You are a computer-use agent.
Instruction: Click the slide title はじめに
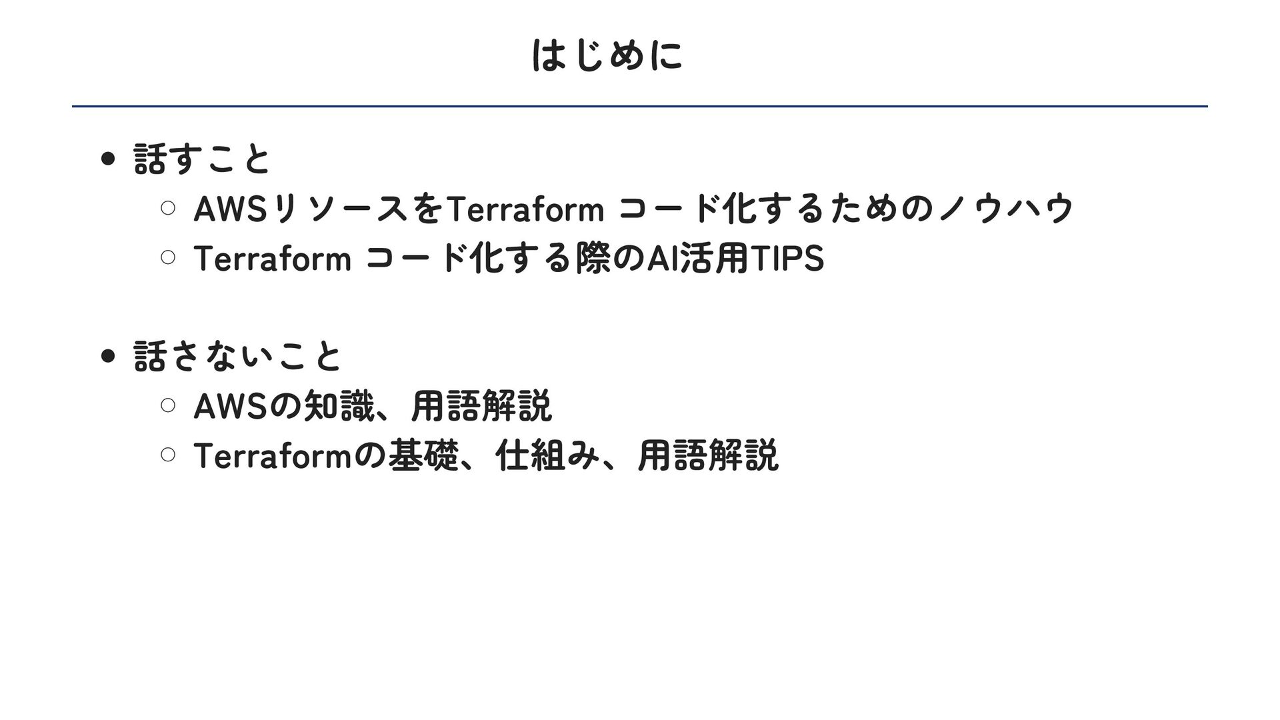click(x=607, y=55)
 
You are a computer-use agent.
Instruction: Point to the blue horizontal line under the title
click(x=640, y=106)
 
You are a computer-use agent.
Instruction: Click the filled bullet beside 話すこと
click(x=107, y=160)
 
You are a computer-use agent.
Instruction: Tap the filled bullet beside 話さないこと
click(x=107, y=357)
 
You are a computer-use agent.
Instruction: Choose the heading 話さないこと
click(x=238, y=357)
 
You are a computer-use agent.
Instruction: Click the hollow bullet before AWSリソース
click(x=168, y=209)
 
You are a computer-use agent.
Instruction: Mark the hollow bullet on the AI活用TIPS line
click(x=168, y=258)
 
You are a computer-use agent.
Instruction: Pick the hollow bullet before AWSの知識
click(x=168, y=405)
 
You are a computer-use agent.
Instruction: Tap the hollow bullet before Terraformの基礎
click(x=168, y=455)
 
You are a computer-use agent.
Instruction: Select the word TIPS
click(x=787, y=258)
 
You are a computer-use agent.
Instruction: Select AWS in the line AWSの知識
click(x=229, y=405)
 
